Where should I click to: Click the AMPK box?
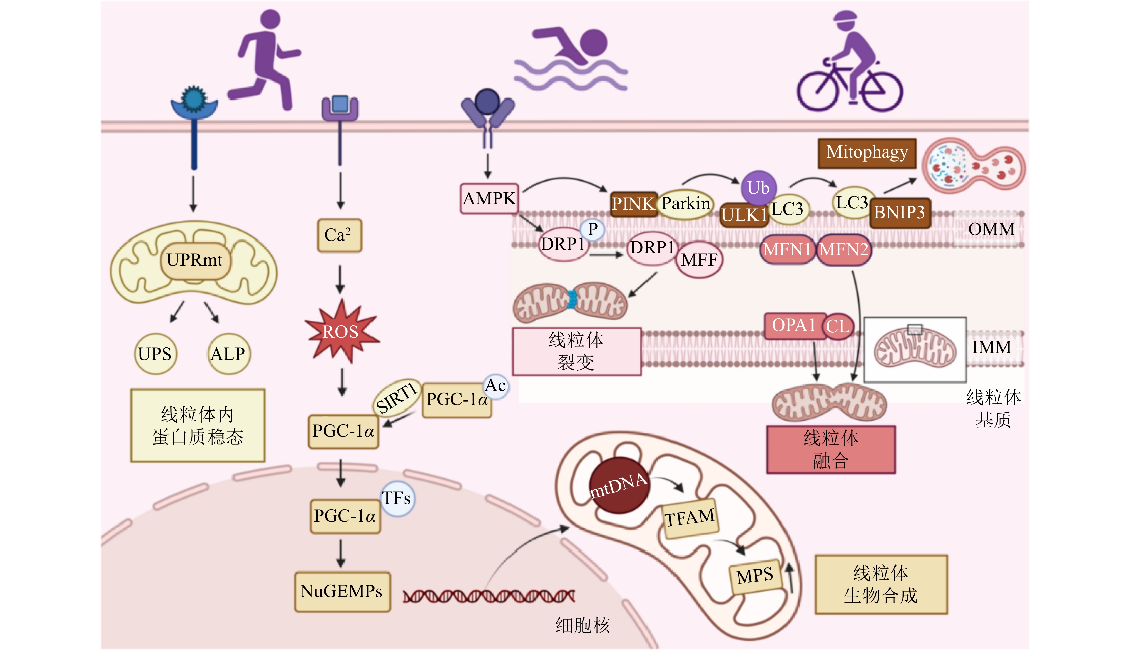(489, 199)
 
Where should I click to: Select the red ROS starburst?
(341, 331)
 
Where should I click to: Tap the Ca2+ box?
(340, 235)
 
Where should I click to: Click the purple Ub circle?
(759, 188)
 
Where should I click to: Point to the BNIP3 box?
(900, 213)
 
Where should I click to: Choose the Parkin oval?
(686, 204)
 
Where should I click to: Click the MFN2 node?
(844, 250)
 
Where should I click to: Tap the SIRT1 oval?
(396, 397)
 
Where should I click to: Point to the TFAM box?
(690, 518)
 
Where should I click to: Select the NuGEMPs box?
(342, 592)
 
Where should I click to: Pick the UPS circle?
(155, 354)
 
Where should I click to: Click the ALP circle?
(228, 354)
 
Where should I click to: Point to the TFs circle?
(396, 498)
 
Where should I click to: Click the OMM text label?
(991, 229)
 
